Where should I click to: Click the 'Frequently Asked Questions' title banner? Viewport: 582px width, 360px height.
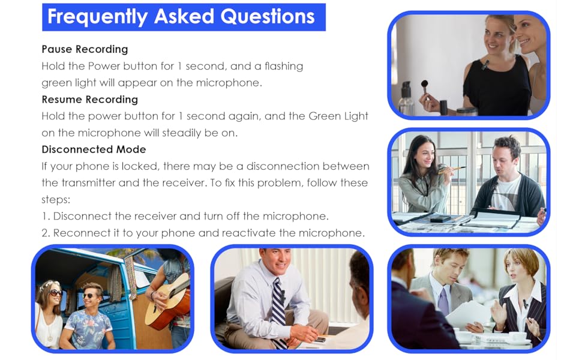pyautogui.click(x=184, y=17)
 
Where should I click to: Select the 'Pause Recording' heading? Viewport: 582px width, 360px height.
pyautogui.click(x=85, y=49)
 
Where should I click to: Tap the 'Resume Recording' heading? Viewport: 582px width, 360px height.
pyautogui.click(x=89, y=100)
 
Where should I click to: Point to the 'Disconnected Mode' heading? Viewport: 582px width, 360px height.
pyautogui.click(x=94, y=149)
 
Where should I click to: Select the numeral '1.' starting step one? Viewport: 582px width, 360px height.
pyautogui.click(x=46, y=216)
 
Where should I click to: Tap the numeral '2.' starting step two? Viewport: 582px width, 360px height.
pyautogui.click(x=46, y=233)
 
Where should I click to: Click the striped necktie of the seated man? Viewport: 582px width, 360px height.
pyautogui.click(x=278, y=312)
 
